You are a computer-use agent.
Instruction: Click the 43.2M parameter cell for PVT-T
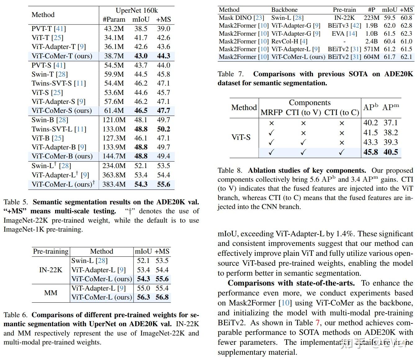click(x=114, y=29)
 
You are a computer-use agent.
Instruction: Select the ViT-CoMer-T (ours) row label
click(x=62, y=56)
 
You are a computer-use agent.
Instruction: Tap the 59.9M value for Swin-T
click(x=114, y=74)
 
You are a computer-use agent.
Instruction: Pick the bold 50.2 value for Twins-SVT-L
click(x=163, y=129)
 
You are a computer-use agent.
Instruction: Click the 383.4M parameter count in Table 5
click(x=114, y=184)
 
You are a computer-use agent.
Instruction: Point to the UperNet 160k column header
click(x=137, y=11)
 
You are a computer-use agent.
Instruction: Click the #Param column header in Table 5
click(x=114, y=20)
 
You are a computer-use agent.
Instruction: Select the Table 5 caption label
click(x=16, y=202)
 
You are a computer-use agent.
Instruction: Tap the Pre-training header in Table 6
click(x=51, y=251)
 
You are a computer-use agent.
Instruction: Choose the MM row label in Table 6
click(x=51, y=293)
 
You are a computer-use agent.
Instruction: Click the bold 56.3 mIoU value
click(x=143, y=297)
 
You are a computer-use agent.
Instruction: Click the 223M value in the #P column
click(x=371, y=18)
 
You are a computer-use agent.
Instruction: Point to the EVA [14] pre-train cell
click(x=344, y=33)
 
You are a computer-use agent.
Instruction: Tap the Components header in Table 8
click(x=309, y=103)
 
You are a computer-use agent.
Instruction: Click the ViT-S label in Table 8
click(x=241, y=137)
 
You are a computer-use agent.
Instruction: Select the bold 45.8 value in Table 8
click(x=371, y=152)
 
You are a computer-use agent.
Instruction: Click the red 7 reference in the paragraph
click(x=317, y=323)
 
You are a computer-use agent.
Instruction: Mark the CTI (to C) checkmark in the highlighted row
click(x=341, y=152)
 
